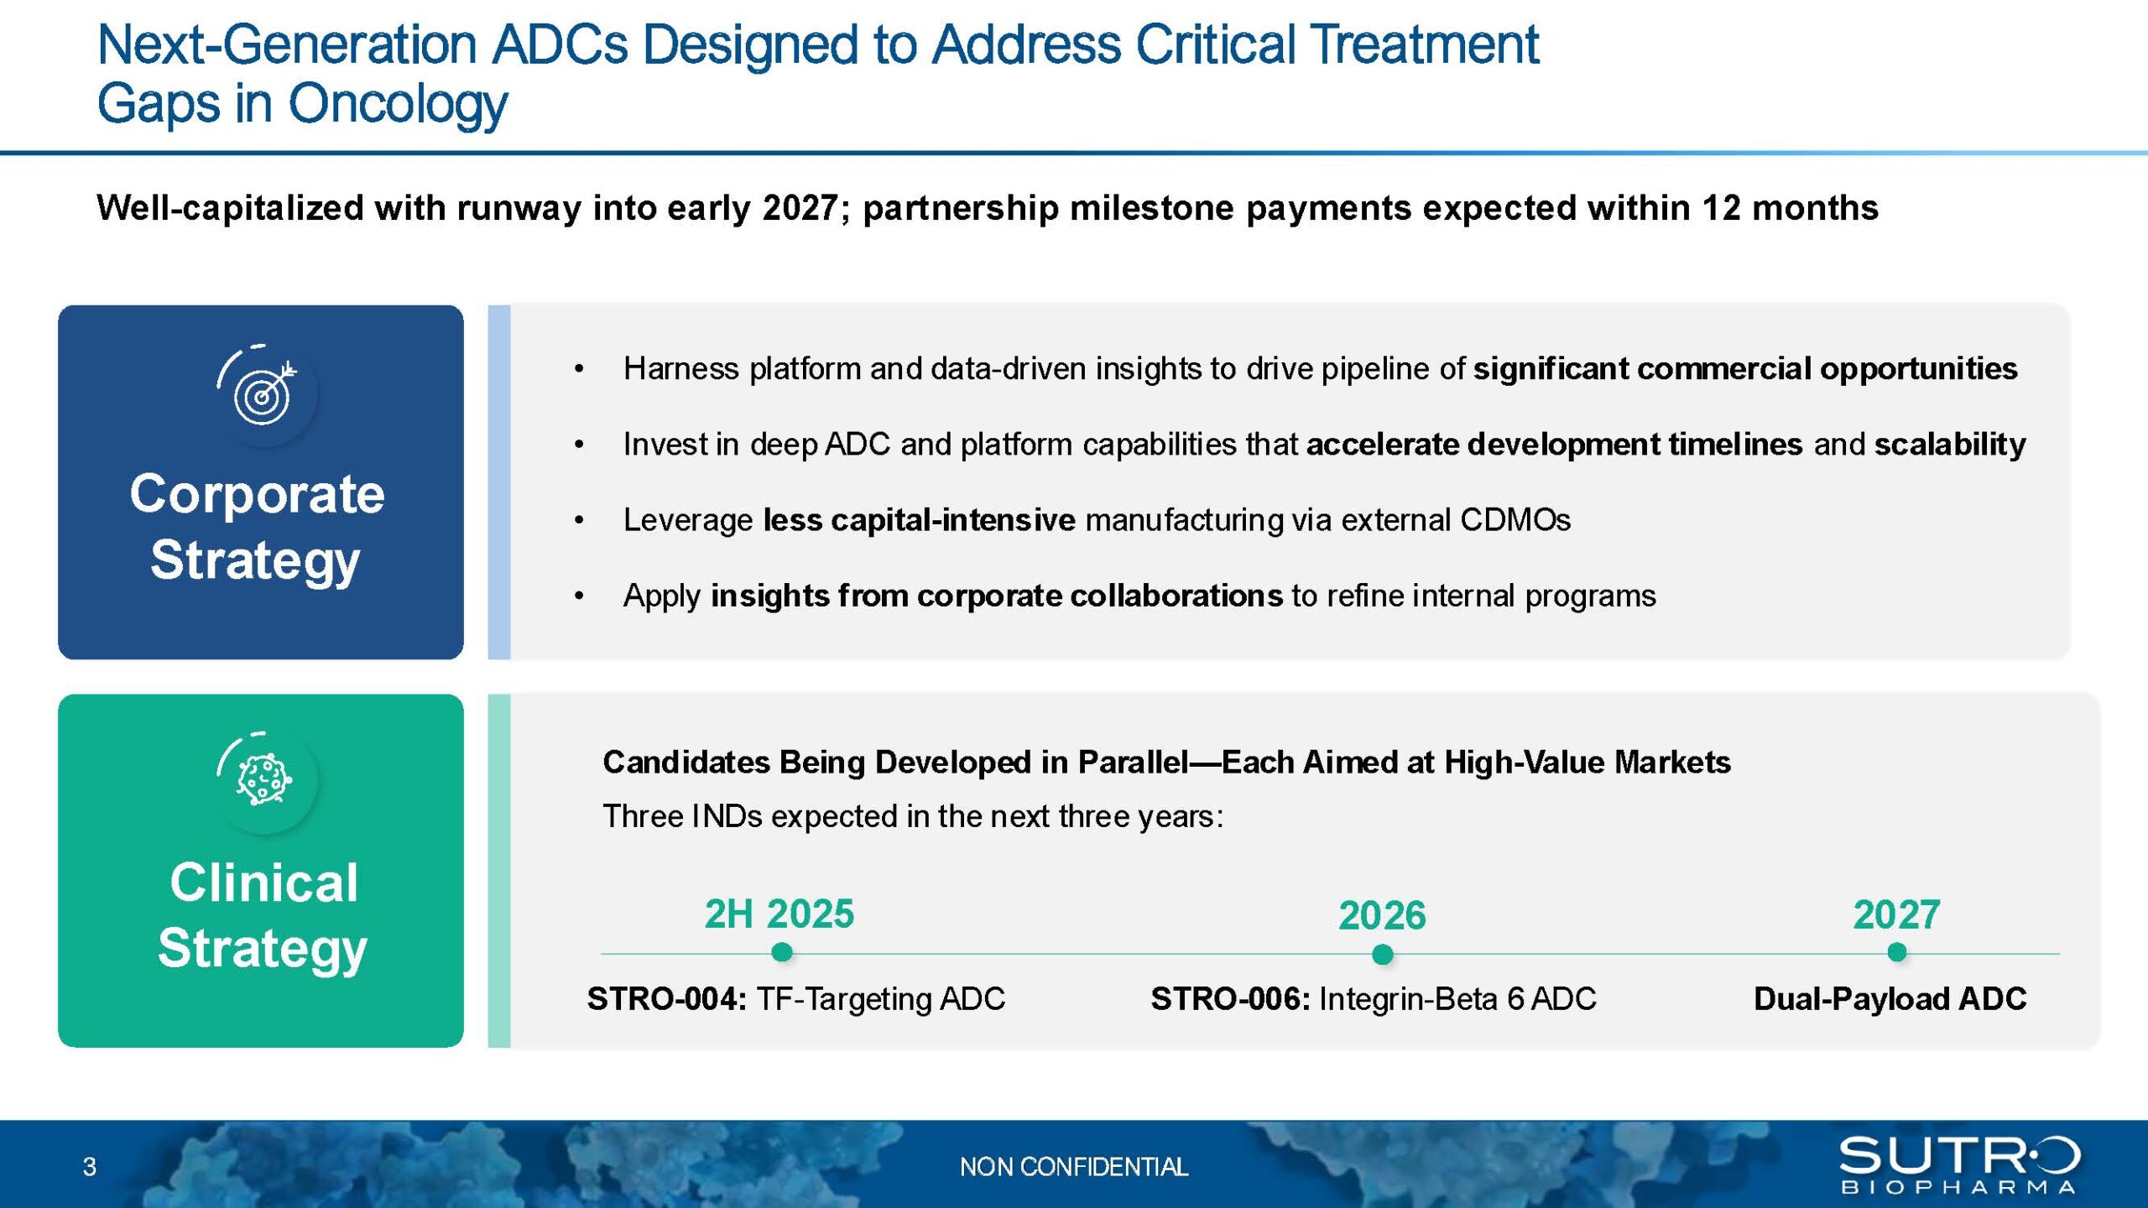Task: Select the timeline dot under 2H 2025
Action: click(x=781, y=952)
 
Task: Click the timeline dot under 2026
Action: click(x=1382, y=954)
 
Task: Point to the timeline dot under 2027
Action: click(x=1896, y=952)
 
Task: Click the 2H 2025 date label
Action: click(x=779, y=914)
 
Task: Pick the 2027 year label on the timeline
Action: click(x=1896, y=914)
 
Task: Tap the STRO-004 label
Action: click(x=667, y=998)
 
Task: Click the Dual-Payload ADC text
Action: click(x=1890, y=998)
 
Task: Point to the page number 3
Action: click(x=90, y=1167)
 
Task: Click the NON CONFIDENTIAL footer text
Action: click(x=1074, y=1167)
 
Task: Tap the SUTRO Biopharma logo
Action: click(x=1959, y=1164)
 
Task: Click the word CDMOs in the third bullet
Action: click(x=1515, y=520)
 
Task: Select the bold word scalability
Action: click(x=1950, y=445)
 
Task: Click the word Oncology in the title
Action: click(x=398, y=105)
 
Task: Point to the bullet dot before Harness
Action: click(x=579, y=369)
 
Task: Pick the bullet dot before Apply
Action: click(x=579, y=596)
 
